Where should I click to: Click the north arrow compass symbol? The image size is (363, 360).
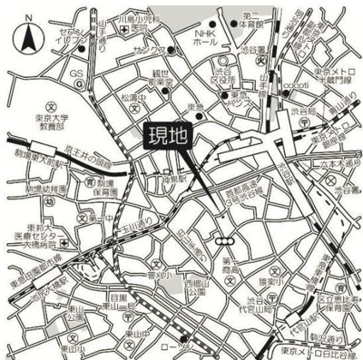tap(28, 38)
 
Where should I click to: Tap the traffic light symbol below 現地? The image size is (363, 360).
tap(223, 240)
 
